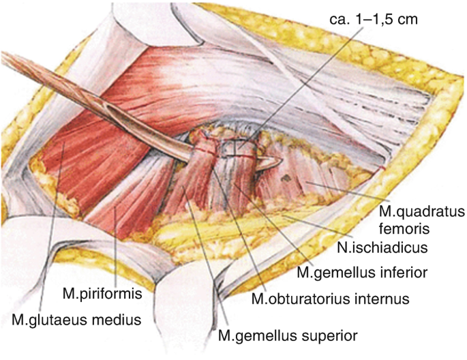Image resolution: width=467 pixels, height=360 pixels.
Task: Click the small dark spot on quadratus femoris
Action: coord(287,179)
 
